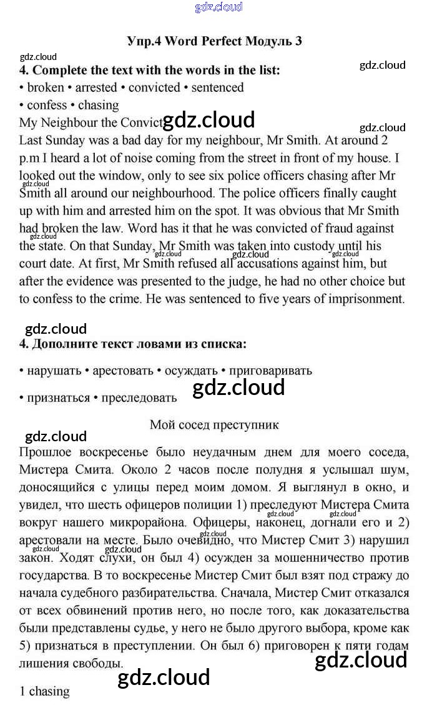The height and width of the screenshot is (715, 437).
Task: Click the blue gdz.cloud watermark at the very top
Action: (x=219, y=7)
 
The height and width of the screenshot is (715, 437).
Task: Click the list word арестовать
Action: (x=123, y=371)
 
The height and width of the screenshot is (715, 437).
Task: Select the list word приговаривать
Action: (x=271, y=371)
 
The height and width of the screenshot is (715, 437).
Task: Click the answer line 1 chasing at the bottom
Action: (x=44, y=691)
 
